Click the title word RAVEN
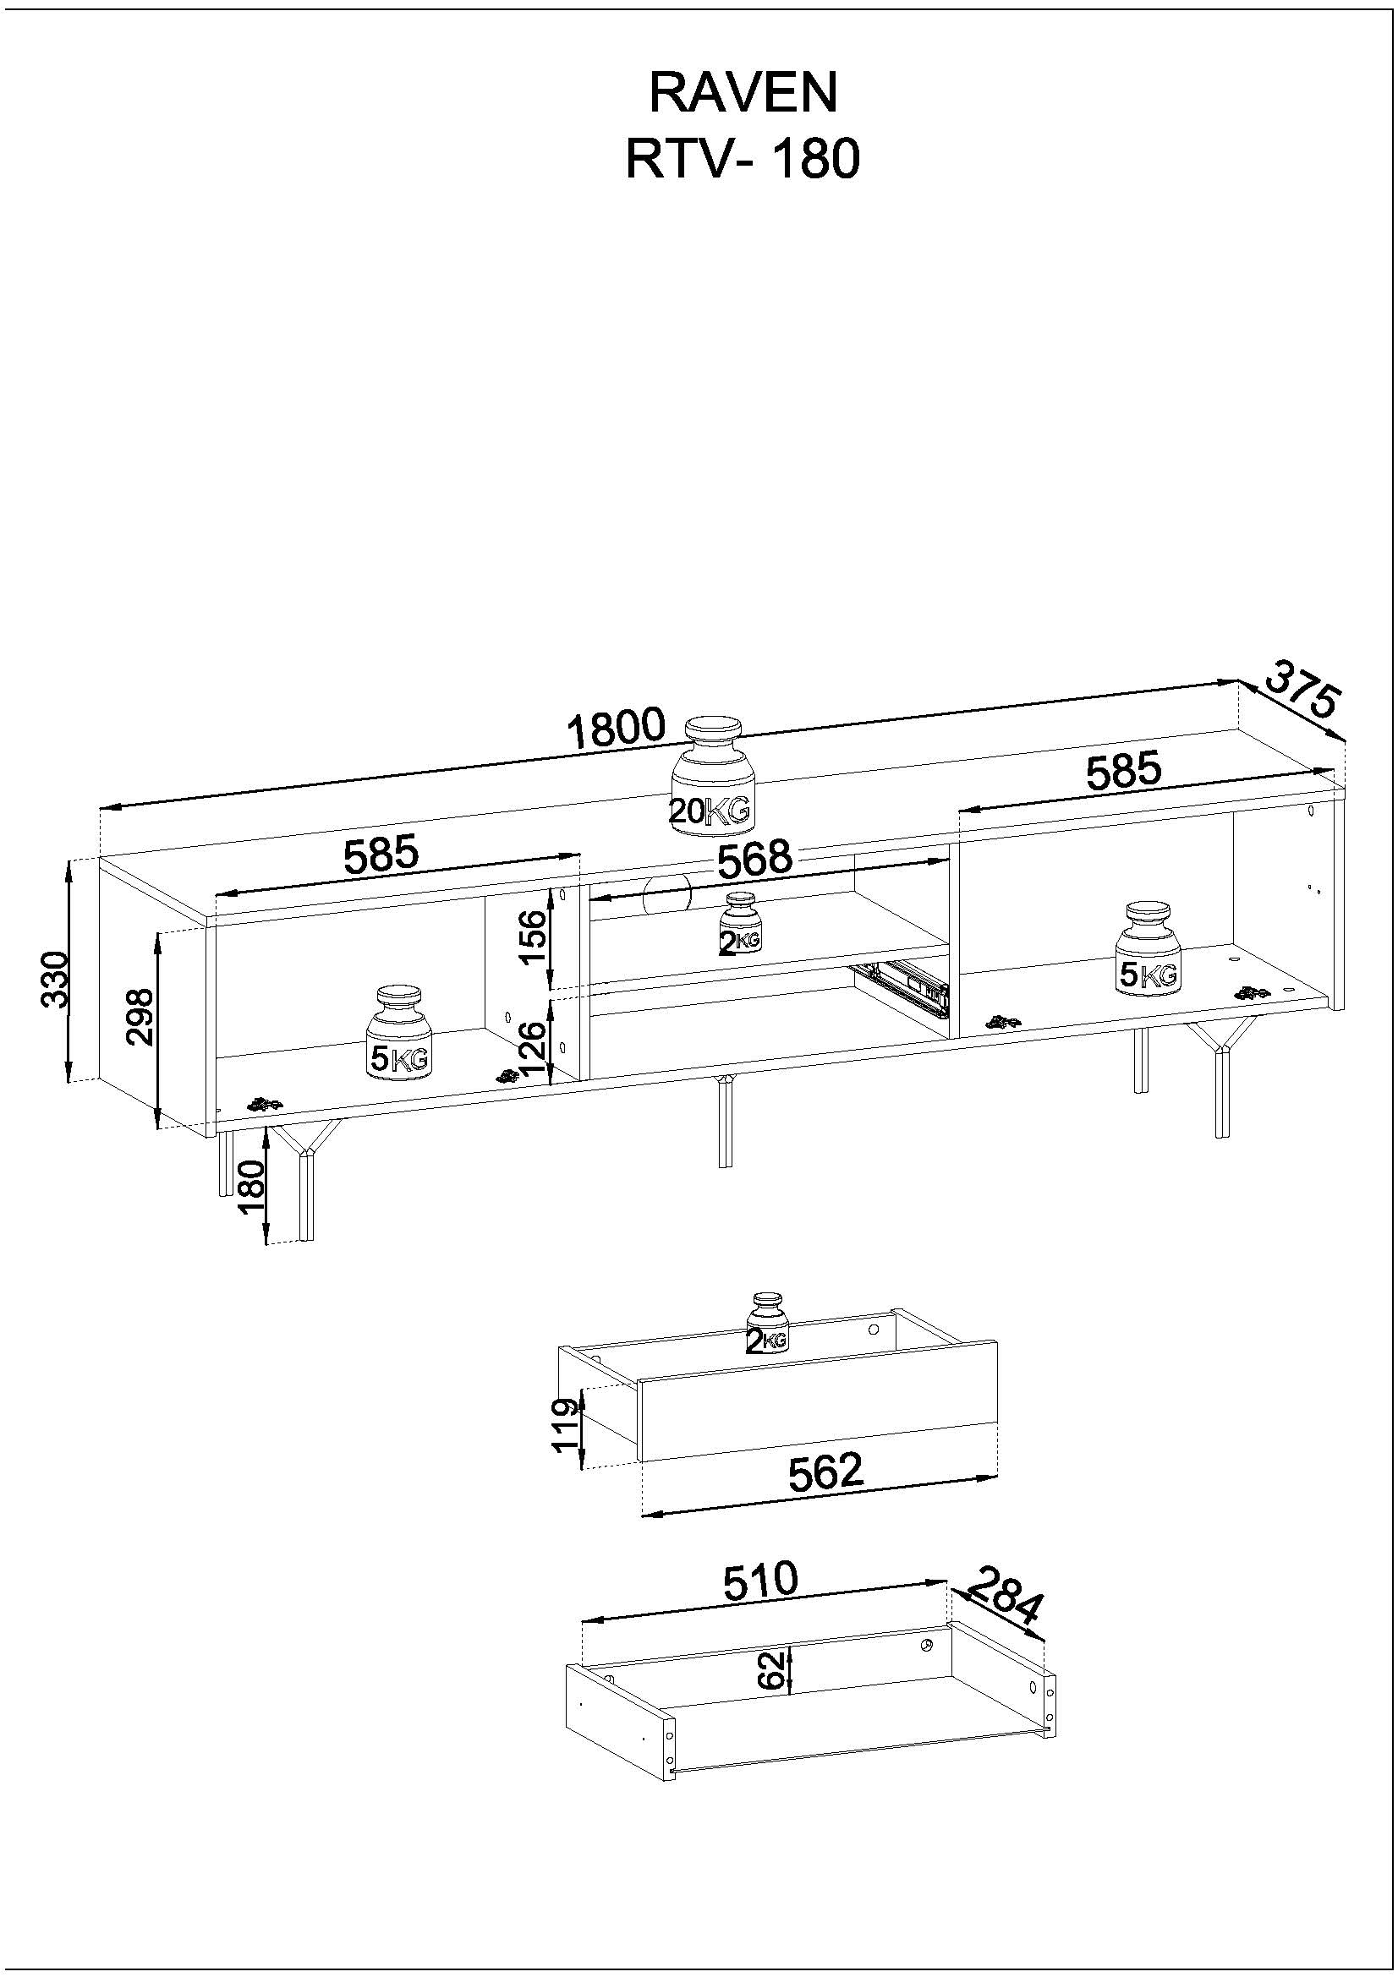(x=743, y=93)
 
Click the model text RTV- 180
(x=743, y=159)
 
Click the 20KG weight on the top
(x=712, y=776)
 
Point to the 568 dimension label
(x=754, y=859)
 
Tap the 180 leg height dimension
(x=252, y=1188)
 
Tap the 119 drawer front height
(x=565, y=1427)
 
